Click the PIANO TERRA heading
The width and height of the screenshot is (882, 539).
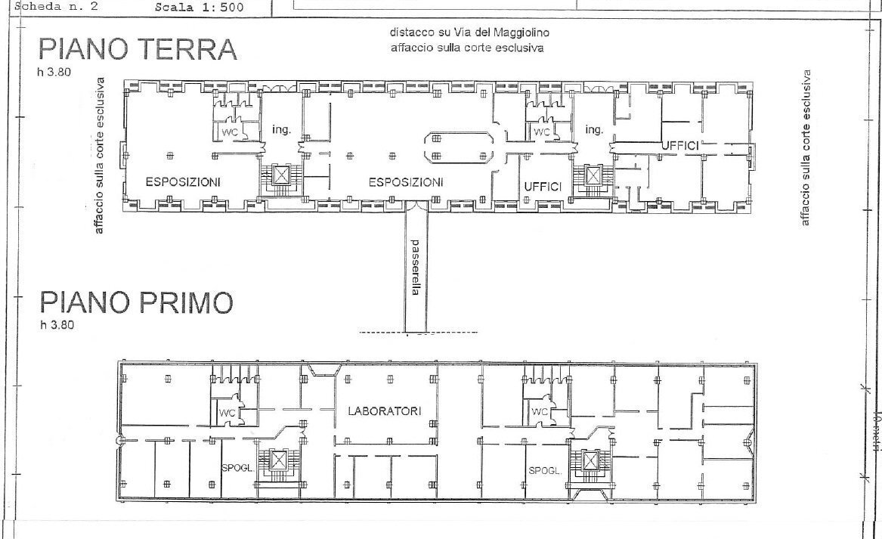(x=138, y=50)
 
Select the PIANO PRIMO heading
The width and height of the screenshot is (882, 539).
(x=136, y=303)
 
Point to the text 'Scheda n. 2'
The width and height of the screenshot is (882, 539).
(x=51, y=7)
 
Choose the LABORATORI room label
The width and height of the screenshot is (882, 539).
(x=384, y=411)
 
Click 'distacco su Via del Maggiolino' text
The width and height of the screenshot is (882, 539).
(x=469, y=33)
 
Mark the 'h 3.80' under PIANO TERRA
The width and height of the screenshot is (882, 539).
(x=52, y=73)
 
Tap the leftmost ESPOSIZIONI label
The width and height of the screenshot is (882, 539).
(x=183, y=182)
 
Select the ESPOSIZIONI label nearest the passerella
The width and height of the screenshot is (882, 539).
(x=405, y=182)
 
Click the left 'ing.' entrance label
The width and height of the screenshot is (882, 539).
(x=282, y=130)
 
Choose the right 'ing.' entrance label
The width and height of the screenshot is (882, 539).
(x=594, y=130)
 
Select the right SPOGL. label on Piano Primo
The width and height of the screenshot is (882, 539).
(x=545, y=470)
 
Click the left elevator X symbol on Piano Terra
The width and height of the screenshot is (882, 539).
(x=281, y=176)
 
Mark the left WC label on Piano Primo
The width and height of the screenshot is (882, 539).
(x=227, y=414)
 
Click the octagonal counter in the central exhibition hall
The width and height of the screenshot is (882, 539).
(x=458, y=147)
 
